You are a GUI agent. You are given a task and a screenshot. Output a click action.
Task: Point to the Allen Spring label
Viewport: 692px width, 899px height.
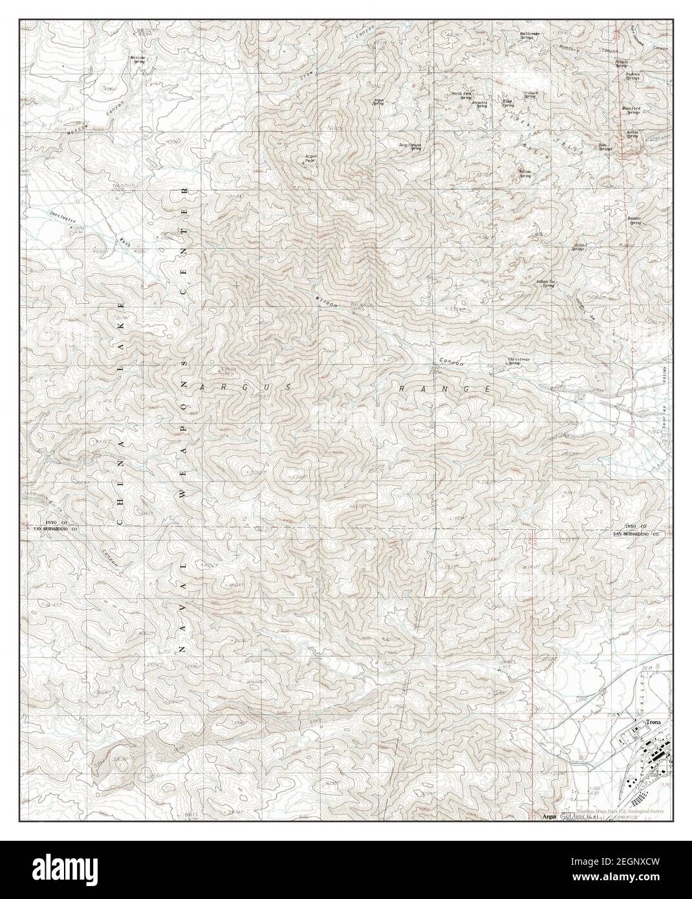(578, 247)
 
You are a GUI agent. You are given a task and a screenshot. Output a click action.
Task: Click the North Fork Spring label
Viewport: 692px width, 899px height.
(461, 96)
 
